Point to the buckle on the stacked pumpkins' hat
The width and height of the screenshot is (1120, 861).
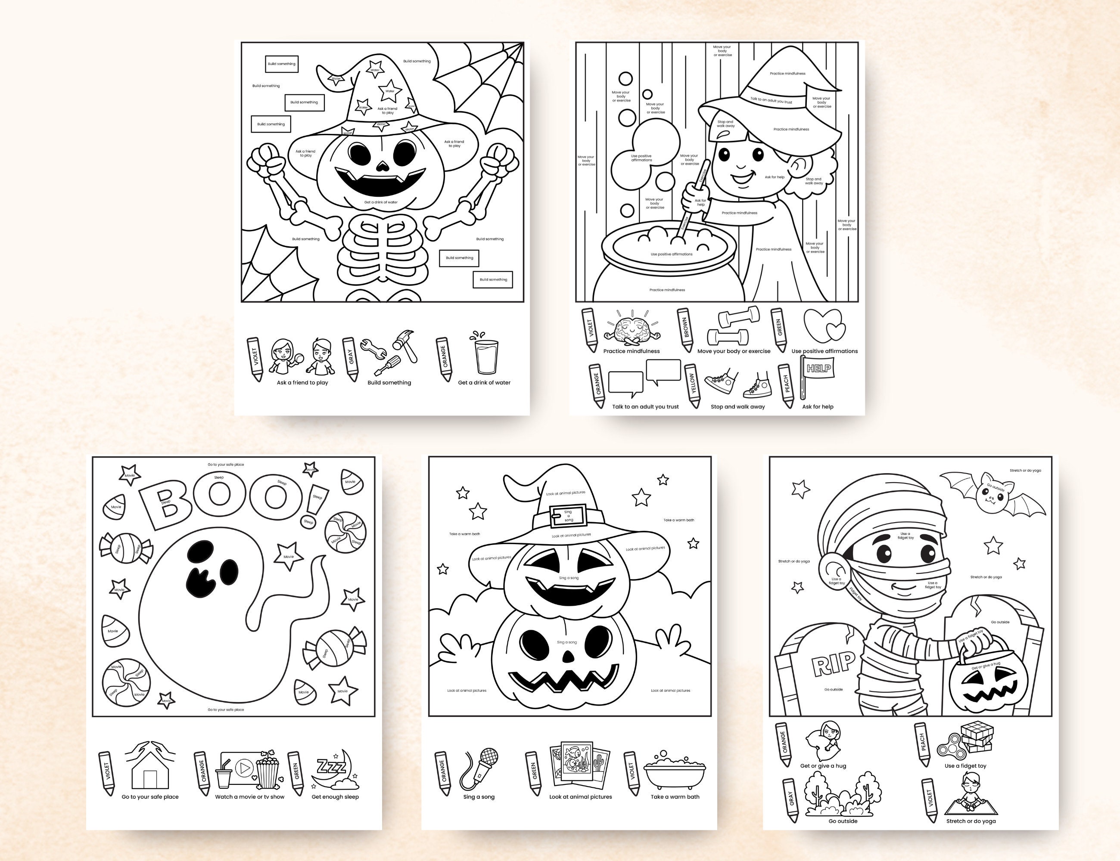(568, 516)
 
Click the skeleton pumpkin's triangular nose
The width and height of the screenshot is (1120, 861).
(383, 166)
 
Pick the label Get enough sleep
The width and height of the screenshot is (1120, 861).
(335, 797)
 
